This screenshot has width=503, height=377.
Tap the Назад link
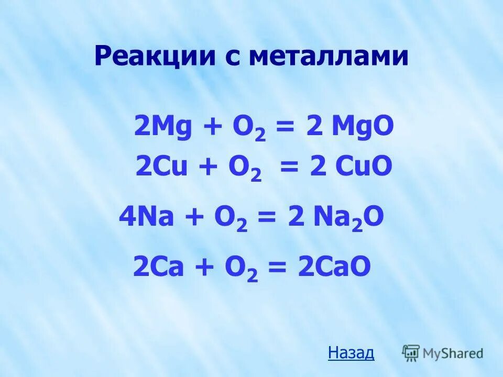(351, 353)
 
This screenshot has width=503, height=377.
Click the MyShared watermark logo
(443, 352)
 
